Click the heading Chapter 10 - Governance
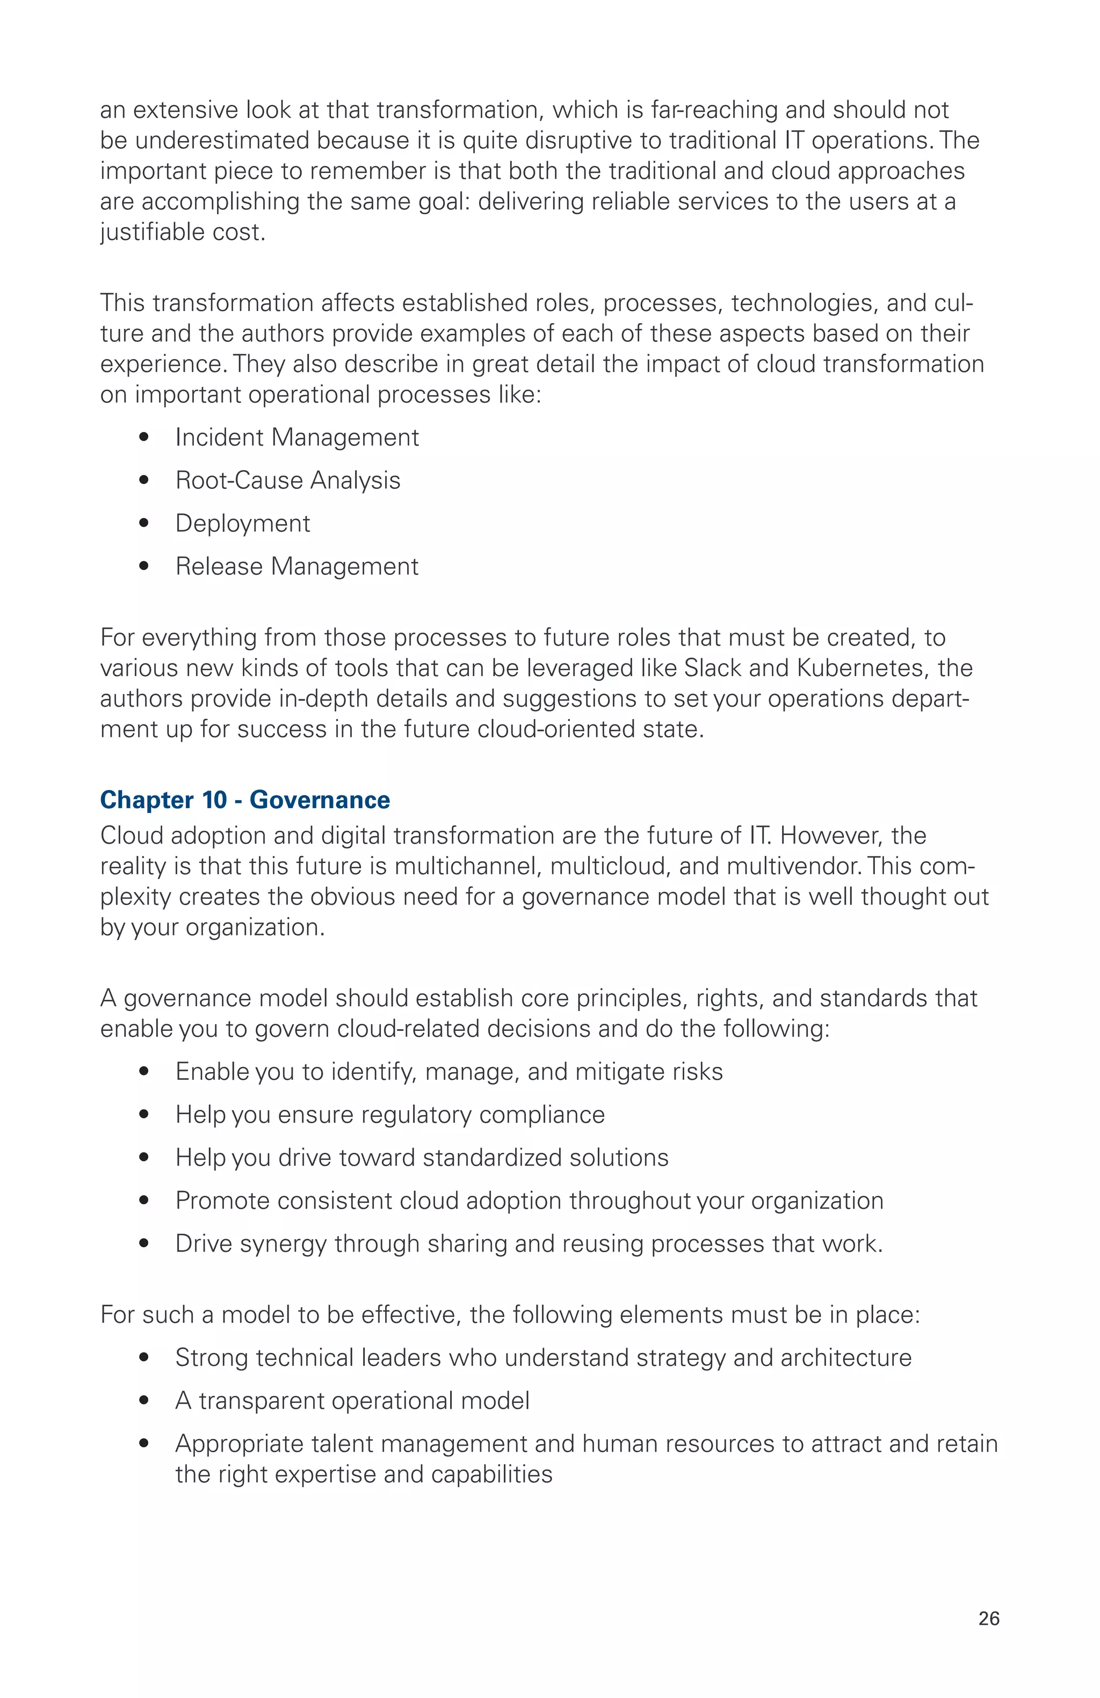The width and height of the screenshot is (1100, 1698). pyautogui.click(x=245, y=800)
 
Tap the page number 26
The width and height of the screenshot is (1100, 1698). pyautogui.click(x=989, y=1618)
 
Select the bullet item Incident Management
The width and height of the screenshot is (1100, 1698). pyautogui.click(x=297, y=437)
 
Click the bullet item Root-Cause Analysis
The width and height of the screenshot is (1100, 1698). pyautogui.click(x=288, y=480)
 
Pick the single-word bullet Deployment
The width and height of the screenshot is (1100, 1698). pyautogui.click(x=243, y=524)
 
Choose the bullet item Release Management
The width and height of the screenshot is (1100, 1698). pyautogui.click(x=297, y=567)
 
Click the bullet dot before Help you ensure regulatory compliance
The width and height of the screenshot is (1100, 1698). pyautogui.click(x=144, y=1115)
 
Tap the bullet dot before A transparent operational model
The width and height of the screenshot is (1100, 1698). pyautogui.click(x=144, y=1401)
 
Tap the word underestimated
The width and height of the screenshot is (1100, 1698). pyautogui.click(x=222, y=141)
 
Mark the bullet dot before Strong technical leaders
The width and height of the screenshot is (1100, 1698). pyautogui.click(x=144, y=1358)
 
